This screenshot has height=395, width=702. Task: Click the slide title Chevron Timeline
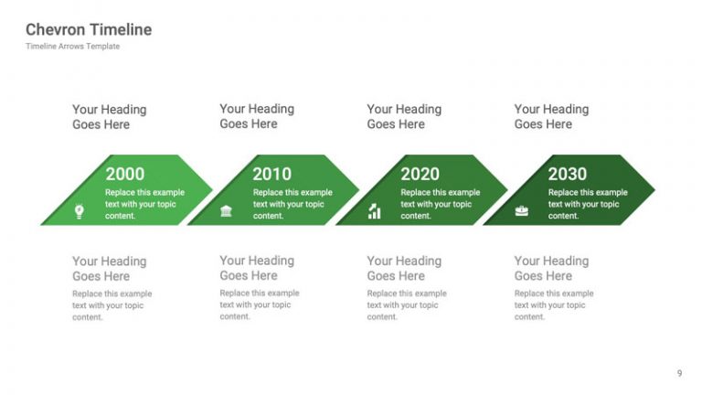pos(89,29)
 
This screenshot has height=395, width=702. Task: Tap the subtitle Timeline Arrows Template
pos(72,47)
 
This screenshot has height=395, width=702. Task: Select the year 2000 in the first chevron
pos(125,174)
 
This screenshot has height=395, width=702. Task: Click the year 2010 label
pos(272,174)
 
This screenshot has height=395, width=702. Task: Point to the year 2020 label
pos(420,174)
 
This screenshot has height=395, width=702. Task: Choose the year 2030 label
pos(567,174)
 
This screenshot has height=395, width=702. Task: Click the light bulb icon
pos(80,212)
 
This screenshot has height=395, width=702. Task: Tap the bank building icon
pos(226,212)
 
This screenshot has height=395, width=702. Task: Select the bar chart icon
pos(374,212)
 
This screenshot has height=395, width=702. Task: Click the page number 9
pos(679,372)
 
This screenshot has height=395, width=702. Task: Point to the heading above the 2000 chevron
pos(109,117)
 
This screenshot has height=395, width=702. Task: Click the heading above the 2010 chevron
pos(257,116)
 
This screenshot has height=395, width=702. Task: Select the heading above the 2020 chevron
pos(404,116)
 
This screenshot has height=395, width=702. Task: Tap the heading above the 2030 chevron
pos(551,116)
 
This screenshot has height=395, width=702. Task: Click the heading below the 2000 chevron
pos(109,268)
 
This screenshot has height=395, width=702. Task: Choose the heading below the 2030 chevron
pos(551,268)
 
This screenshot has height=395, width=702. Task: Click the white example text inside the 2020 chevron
pos(440,205)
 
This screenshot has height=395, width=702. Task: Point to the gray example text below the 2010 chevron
pos(259,304)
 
